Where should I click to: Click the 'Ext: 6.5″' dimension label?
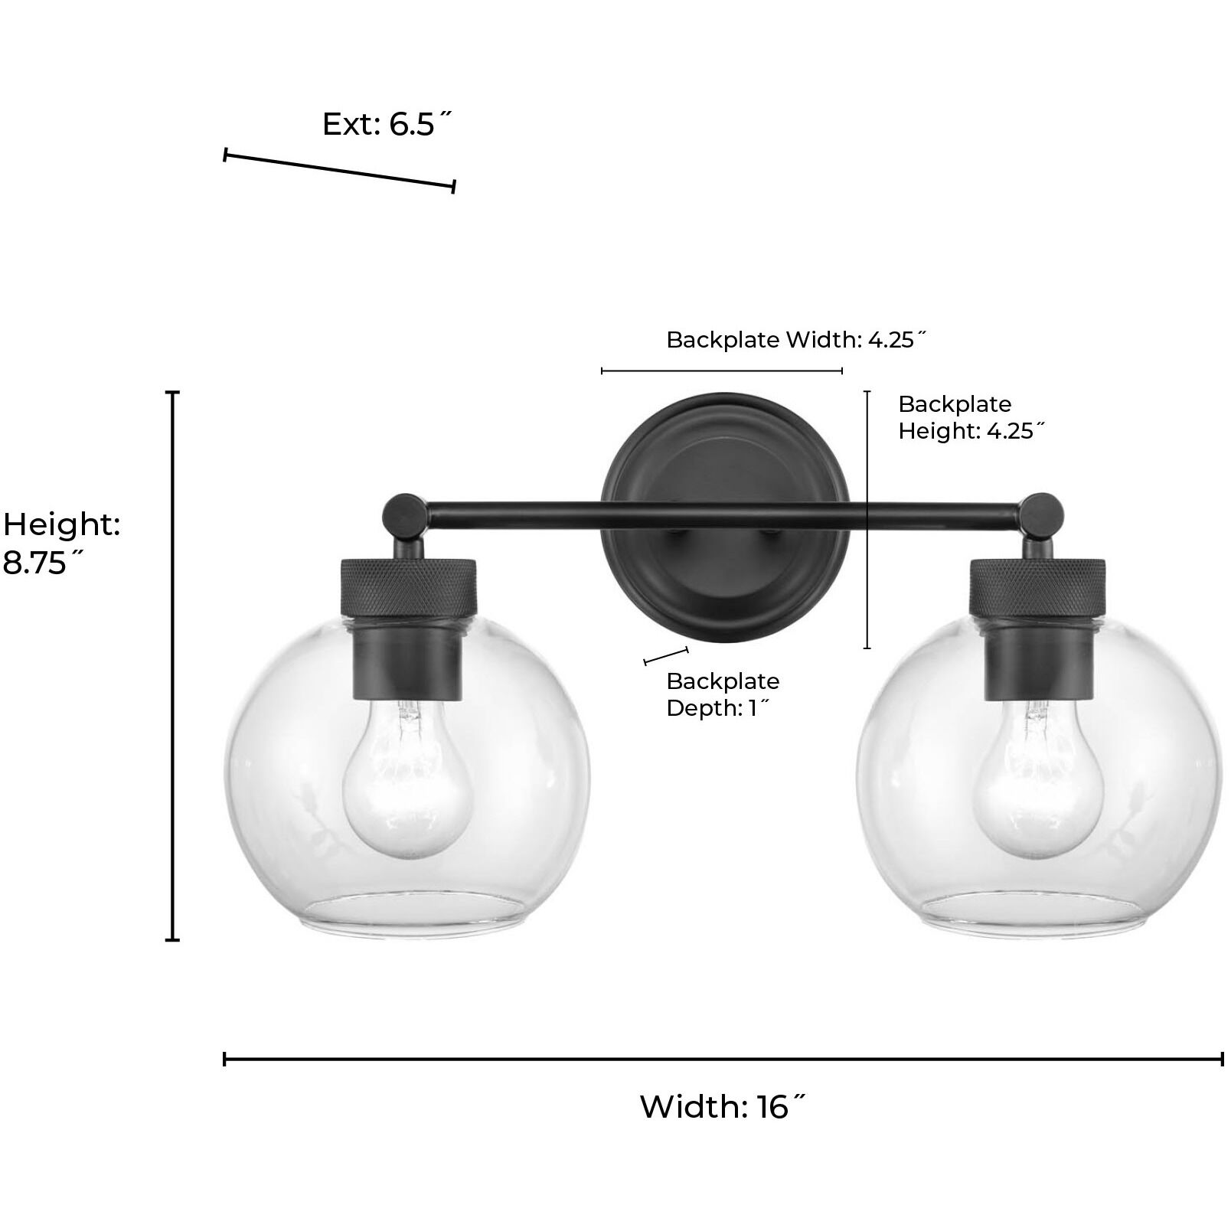(x=387, y=124)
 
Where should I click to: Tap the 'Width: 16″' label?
(x=723, y=1106)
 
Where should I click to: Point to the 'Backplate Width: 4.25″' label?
(x=796, y=339)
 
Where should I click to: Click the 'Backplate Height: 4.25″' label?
(x=971, y=417)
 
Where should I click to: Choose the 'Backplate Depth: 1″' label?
(x=722, y=694)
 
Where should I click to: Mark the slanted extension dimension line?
(x=339, y=170)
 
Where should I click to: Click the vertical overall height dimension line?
(x=173, y=666)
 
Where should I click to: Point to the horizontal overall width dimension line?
(x=723, y=1059)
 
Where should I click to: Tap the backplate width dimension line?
(x=722, y=371)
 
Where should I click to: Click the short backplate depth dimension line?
(x=666, y=655)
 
